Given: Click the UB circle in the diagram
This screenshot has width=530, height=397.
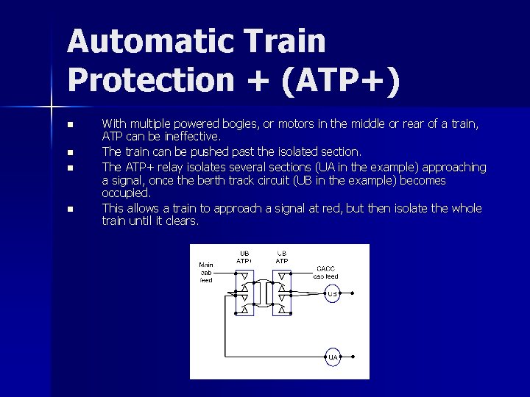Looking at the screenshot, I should coord(332,294).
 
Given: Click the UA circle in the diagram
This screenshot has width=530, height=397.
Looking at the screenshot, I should coord(333,357).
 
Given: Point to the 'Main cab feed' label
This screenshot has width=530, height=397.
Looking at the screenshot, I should coord(206,272).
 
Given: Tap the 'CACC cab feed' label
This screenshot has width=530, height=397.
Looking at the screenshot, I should coord(325,272).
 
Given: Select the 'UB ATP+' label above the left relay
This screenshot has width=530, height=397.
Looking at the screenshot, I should coord(244,257).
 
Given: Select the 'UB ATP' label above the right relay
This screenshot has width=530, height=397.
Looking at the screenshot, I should coord(282,257).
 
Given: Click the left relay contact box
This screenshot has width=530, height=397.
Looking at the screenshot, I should coord(244,293).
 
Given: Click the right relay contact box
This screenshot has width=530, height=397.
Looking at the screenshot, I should coord(282,293).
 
